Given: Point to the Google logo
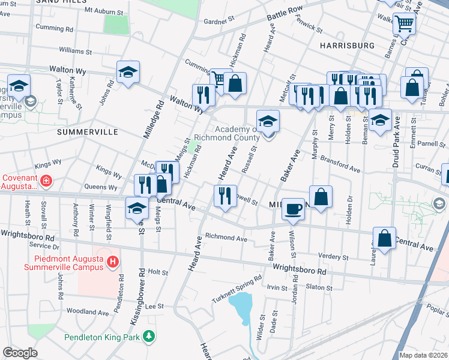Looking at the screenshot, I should click(x=20, y=352).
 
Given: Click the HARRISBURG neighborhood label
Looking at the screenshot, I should click(x=347, y=46).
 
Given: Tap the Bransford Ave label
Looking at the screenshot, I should click(x=340, y=165).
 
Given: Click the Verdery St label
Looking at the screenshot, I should click(x=333, y=257).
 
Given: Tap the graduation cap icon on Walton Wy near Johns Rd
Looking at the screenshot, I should click(x=128, y=73).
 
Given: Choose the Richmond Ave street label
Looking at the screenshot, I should click(x=226, y=238).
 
